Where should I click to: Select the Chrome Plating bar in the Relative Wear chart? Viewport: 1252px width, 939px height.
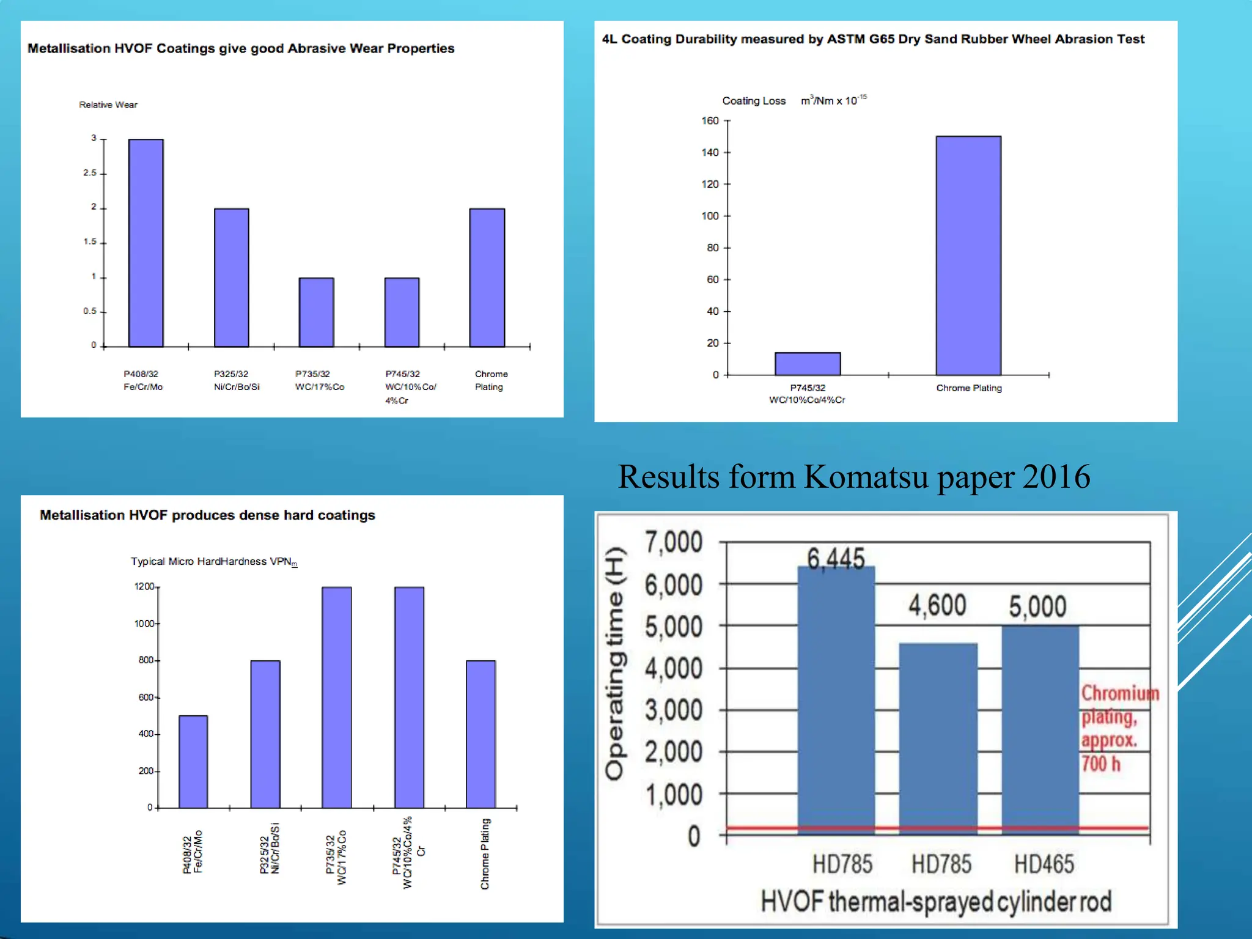coord(487,278)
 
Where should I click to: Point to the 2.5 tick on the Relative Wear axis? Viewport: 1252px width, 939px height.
coord(90,173)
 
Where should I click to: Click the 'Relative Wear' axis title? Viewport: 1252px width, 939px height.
coord(108,105)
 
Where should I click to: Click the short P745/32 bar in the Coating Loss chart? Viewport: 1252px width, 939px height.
coord(807,364)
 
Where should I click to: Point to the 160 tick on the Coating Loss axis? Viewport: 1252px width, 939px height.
coord(710,121)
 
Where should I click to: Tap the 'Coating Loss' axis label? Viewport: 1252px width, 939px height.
coord(754,101)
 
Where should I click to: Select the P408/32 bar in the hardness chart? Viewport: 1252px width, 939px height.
coord(193,762)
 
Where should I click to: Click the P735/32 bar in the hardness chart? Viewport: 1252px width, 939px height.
coord(337,697)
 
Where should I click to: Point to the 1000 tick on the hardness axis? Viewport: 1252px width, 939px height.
coord(144,624)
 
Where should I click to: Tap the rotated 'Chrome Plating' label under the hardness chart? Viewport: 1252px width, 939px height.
coord(485,854)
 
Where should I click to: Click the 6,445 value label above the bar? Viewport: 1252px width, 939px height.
coord(836,558)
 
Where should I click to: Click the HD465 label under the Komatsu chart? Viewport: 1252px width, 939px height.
coord(1044,864)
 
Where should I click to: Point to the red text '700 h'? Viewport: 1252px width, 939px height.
coord(1101,764)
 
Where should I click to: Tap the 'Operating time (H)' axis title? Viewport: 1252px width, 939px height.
coord(614,663)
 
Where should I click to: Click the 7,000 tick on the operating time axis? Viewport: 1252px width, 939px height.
coord(674,542)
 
